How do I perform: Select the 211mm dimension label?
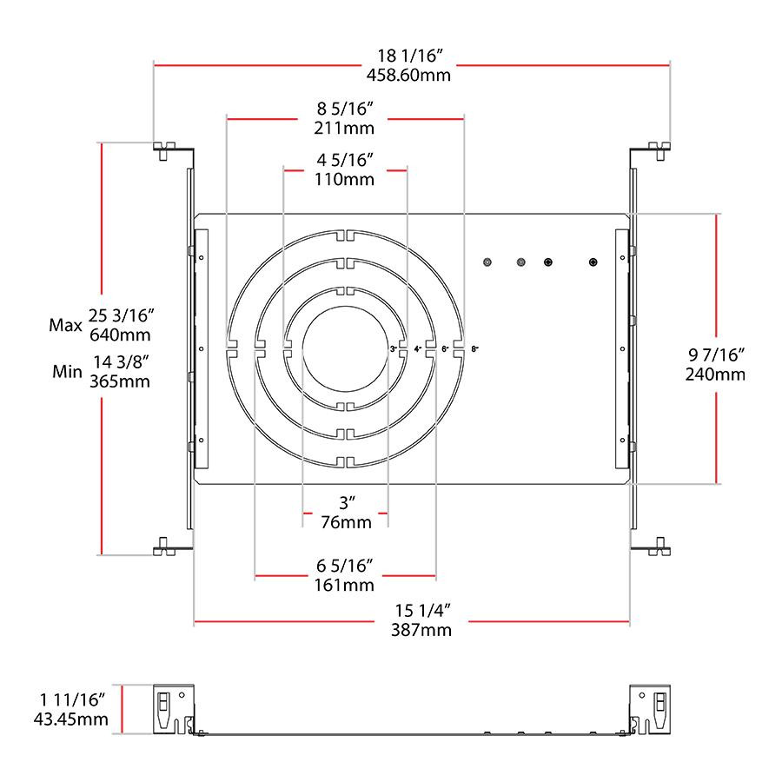pyautogui.click(x=344, y=128)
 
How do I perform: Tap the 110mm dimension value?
pyautogui.click(x=344, y=180)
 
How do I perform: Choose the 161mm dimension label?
pyautogui.click(x=344, y=585)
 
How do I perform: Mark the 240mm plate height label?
pyautogui.click(x=716, y=374)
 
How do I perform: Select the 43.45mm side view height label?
pyautogui.click(x=70, y=719)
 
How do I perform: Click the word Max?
pyautogui.click(x=64, y=325)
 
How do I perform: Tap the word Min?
pyautogui.click(x=66, y=372)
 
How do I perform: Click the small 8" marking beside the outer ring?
pyautogui.click(x=474, y=348)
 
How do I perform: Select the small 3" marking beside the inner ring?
pyautogui.click(x=393, y=348)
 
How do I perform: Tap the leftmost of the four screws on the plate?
pyautogui.click(x=488, y=262)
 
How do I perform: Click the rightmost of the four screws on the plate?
pyautogui.click(x=593, y=262)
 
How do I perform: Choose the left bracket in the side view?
pyautogui.click(x=174, y=710)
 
